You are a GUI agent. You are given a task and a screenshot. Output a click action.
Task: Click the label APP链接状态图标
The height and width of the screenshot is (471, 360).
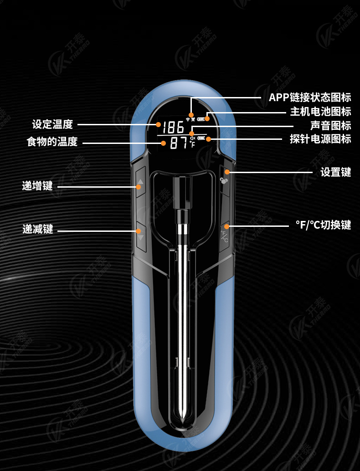coord(310,97)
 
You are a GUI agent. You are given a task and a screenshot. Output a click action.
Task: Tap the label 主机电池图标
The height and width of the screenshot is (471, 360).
coord(320,112)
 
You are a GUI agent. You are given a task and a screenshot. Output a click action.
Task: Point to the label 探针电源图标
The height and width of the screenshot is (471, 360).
coord(320,139)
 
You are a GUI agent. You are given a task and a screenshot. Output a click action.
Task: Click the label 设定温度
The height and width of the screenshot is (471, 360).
coord(52,124)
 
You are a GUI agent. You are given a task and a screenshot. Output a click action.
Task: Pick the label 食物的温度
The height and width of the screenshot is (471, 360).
coord(52,142)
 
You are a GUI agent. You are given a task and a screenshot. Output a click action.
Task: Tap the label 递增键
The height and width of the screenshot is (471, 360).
coord(37,186)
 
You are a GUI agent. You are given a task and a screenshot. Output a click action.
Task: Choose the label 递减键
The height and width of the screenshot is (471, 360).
coord(37,229)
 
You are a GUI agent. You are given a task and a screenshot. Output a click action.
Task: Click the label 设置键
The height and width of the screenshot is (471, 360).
coord(335,172)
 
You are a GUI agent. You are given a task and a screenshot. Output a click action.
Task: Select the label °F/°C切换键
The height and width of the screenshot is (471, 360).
coord(323,225)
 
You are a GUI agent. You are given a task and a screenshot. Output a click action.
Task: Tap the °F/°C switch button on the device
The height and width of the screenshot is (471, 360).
coord(225,236)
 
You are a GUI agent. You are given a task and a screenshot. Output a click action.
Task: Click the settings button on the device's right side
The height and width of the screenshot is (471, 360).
coord(224,180)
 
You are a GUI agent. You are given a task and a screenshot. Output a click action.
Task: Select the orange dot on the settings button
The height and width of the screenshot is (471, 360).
coord(227,172)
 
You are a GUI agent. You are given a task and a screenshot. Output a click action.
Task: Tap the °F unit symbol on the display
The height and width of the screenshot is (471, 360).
coord(192,144)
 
